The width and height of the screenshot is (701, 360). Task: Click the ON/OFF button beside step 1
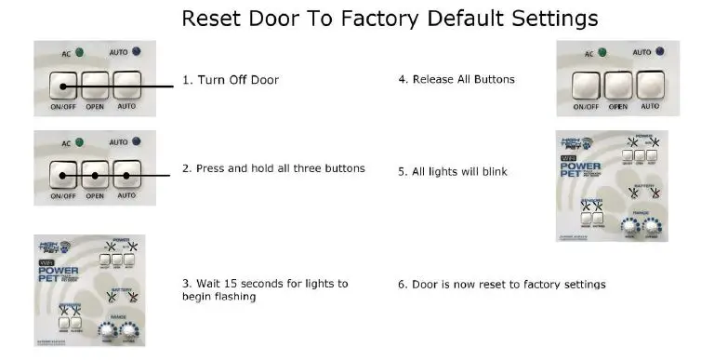[x=62, y=88]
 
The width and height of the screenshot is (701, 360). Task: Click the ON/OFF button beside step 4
[x=586, y=86]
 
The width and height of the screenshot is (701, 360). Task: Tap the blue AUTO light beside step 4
[x=659, y=52]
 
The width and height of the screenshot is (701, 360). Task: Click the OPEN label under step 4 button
[x=618, y=107]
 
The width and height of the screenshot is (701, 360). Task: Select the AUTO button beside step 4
[x=650, y=86]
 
